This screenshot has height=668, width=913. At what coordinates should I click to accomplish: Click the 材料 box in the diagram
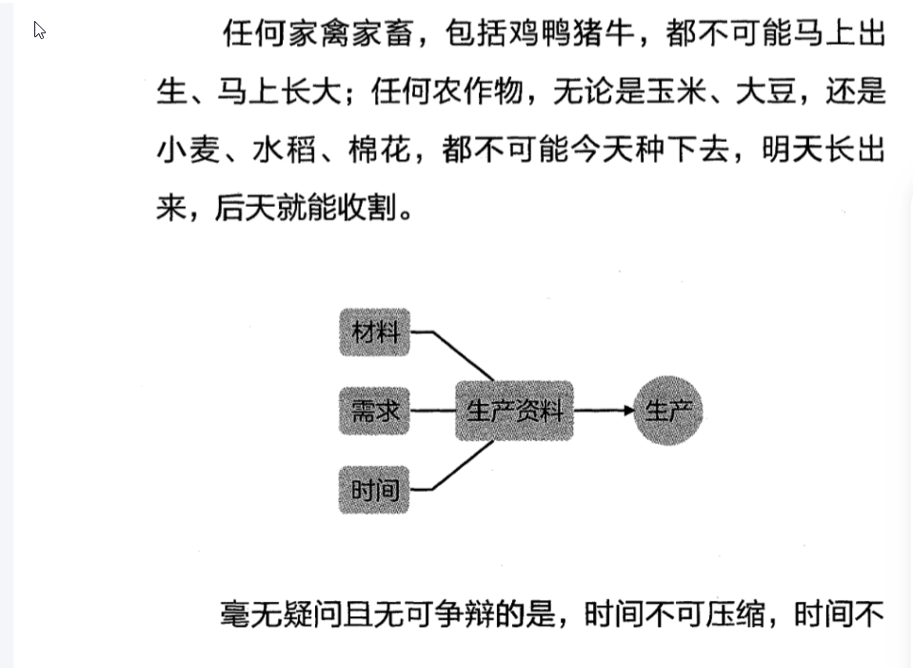point(375,333)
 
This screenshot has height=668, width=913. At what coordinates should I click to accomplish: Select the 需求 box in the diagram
point(375,412)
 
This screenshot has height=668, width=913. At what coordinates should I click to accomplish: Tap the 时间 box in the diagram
point(375,491)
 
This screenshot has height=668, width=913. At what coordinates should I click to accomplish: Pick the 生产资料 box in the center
point(514,412)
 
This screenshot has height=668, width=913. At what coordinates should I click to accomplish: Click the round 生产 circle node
point(668,411)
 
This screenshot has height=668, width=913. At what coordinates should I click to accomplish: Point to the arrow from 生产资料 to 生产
point(605,411)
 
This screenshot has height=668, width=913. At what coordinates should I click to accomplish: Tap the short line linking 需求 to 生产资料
point(433,412)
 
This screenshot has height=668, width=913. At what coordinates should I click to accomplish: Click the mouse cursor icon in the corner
point(39,30)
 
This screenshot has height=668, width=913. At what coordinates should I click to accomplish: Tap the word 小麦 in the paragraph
point(188,151)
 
